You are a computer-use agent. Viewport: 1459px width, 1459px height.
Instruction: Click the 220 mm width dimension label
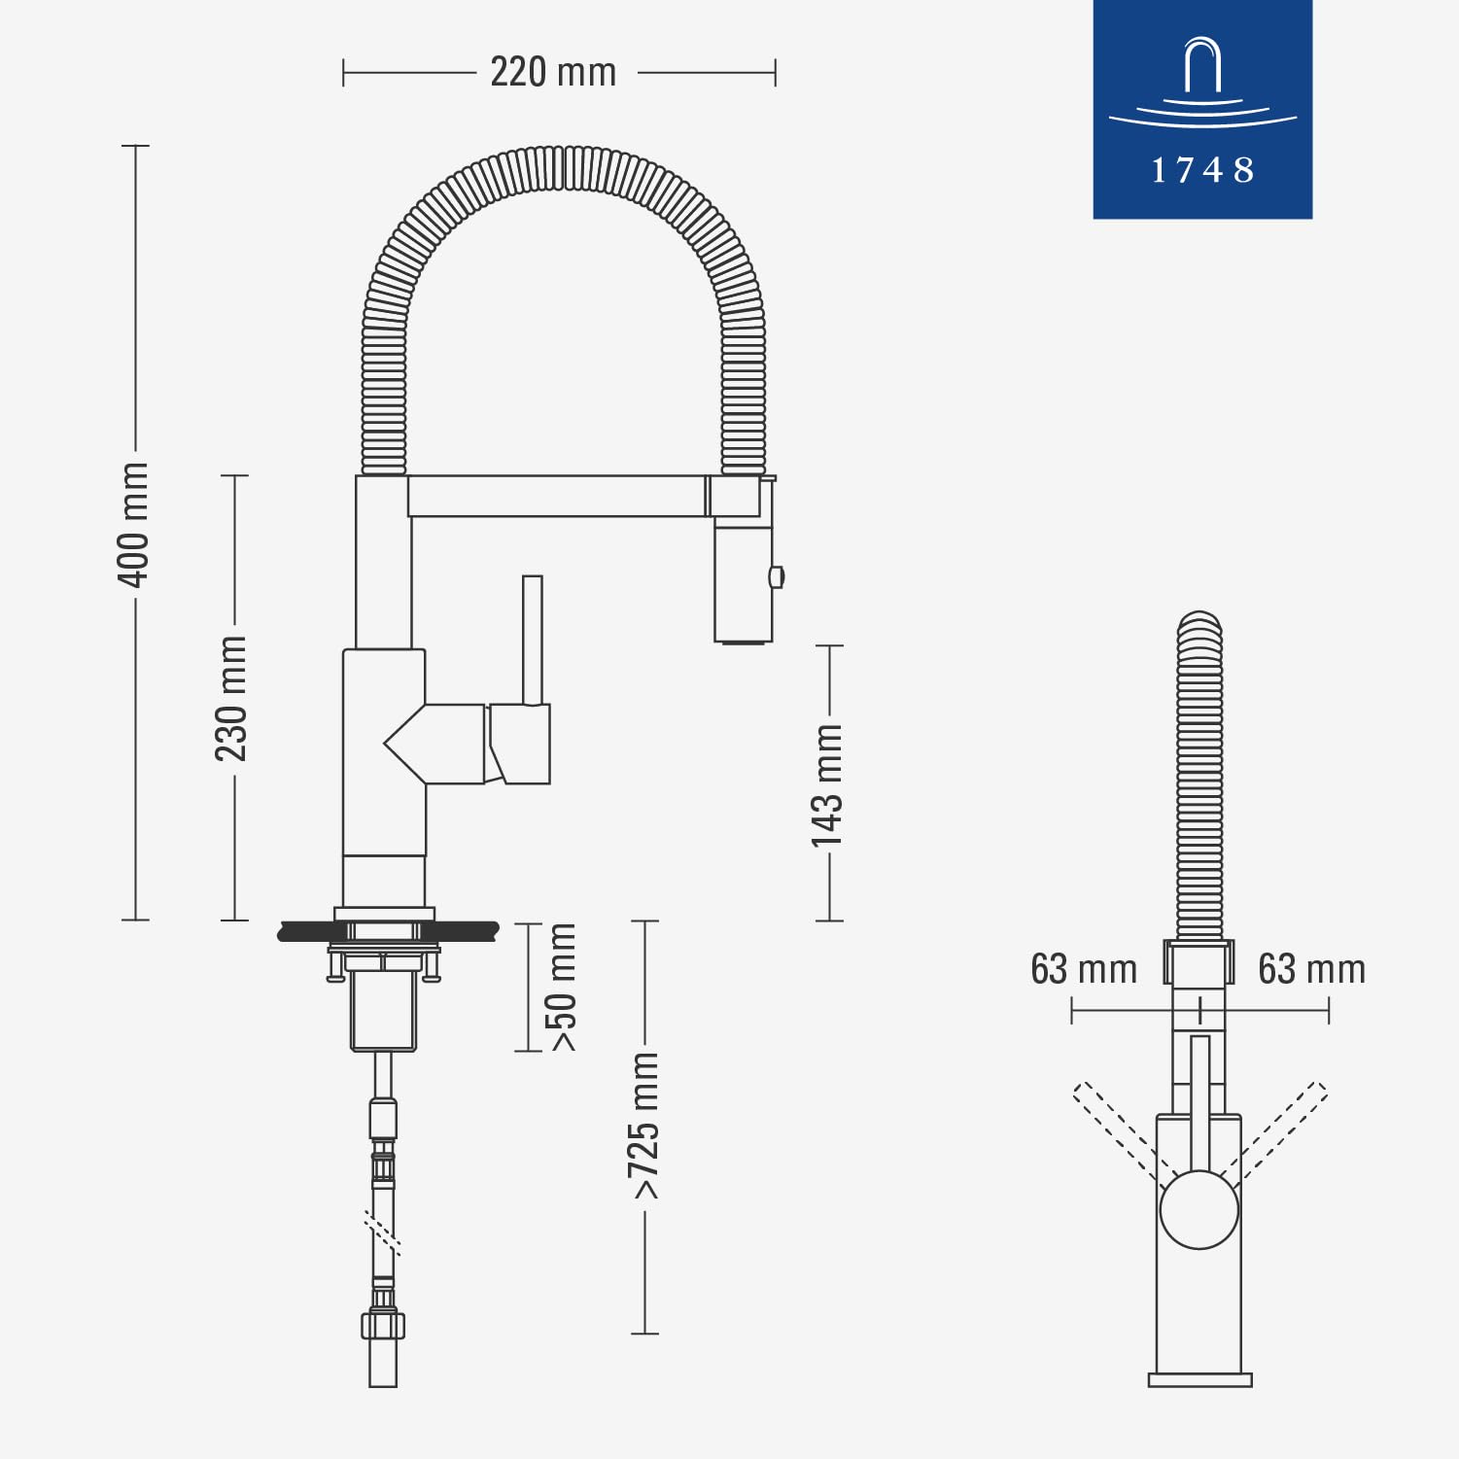point(552,73)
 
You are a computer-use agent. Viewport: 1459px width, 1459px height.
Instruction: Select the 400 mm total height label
point(133,525)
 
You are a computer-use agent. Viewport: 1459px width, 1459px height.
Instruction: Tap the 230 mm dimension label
point(231,698)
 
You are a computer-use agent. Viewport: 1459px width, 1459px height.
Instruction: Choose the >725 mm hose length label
point(644,1126)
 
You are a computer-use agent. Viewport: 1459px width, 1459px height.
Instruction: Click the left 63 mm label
point(1084,970)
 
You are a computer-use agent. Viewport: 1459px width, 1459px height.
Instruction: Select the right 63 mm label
point(1311,970)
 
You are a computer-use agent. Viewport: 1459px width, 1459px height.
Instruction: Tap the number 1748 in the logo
point(1202,171)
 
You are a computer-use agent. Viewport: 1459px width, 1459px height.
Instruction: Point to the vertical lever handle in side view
point(532,640)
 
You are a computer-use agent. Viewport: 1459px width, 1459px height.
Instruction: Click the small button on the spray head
point(776,576)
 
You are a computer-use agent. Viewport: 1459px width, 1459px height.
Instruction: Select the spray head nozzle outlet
point(744,640)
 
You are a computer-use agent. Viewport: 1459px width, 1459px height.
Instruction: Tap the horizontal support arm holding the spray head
point(556,496)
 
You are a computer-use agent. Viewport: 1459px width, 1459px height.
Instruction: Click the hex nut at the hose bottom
point(383,1325)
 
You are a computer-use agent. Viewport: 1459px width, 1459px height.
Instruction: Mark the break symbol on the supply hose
point(382,1232)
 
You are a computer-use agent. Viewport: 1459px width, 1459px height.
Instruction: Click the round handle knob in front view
point(1199,1210)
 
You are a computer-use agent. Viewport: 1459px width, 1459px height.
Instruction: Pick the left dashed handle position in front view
point(1113,1128)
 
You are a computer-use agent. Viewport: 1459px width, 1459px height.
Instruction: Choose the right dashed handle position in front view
point(1285,1128)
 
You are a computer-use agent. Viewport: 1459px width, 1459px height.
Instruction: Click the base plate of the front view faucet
point(1199,1379)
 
